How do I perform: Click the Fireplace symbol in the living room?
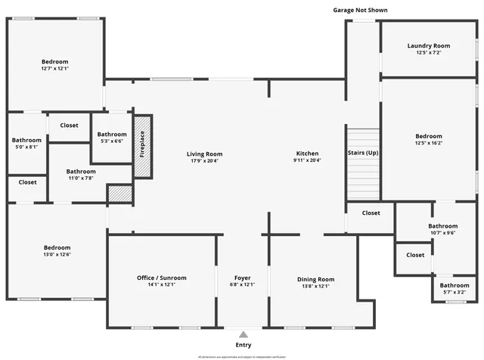point(143,146)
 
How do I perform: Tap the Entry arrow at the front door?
point(243,334)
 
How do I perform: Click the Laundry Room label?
point(429,46)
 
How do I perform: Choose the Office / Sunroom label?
point(161,278)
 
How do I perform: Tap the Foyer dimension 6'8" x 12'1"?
point(243,285)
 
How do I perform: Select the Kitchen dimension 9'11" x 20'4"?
point(306,160)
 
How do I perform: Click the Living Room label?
point(204,154)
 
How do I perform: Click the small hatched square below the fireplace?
point(119,194)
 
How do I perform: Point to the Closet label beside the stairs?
point(371,213)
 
